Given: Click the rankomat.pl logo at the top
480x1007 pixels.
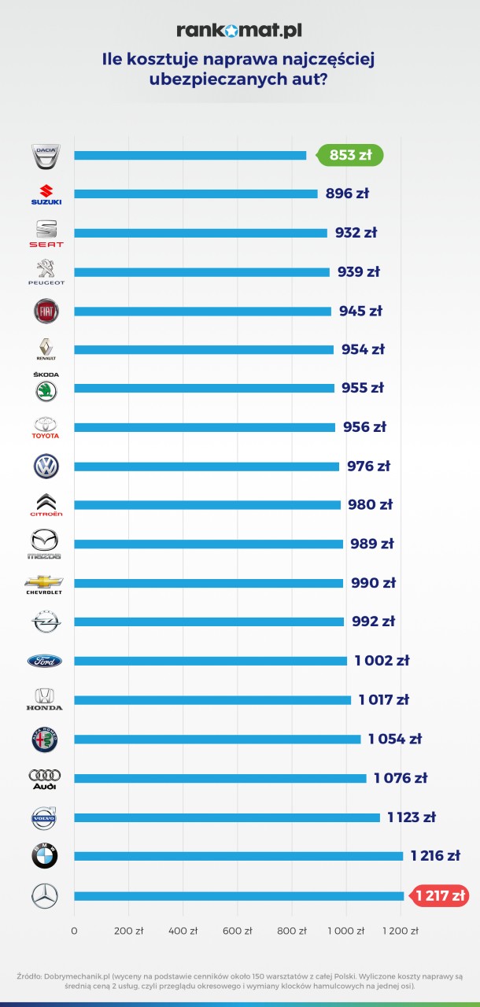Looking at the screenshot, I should pos(239,31).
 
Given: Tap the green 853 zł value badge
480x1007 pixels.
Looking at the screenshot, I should pos(351,155).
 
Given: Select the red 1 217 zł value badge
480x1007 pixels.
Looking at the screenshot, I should pos(441,895).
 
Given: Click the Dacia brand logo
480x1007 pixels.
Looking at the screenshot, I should pos(45,156).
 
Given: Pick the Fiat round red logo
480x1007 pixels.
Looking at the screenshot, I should pos(45,311).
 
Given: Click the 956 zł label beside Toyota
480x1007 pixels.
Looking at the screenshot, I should pos(363,427).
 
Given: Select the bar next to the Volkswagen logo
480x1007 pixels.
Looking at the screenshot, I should pos(206,467).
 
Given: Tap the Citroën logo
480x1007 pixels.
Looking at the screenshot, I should pos(45,504).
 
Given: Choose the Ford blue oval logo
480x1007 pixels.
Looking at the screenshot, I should pos(45,661).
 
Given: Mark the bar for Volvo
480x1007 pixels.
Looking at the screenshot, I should pos(227,817).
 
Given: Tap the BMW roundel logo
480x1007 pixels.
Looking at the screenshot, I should pos(45,856).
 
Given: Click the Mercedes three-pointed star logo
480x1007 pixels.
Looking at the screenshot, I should pos(45,895).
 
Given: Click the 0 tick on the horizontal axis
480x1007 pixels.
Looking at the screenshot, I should pos(74,931).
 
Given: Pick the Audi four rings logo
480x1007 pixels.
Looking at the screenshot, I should pos(45,778).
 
